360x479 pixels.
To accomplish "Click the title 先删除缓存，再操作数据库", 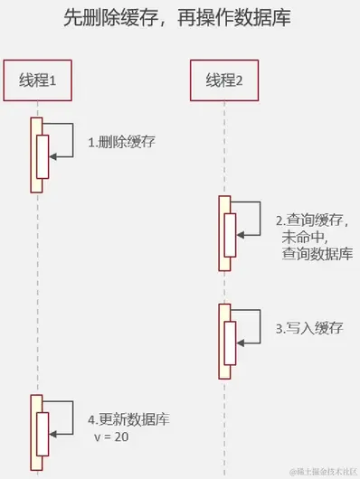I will click(179, 19).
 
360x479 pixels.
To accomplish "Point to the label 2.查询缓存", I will click(311, 221).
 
